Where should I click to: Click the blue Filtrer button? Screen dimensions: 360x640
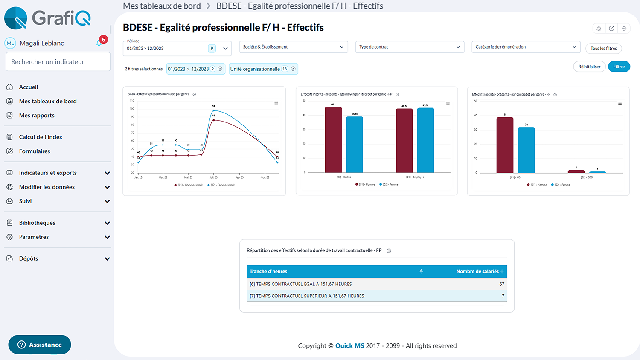[619, 67]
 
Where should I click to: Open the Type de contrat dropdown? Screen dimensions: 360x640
[409, 47]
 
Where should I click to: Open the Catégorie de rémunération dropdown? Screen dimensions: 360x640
[526, 47]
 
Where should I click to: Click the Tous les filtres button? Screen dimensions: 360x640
[603, 49]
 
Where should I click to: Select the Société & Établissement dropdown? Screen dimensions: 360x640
[293, 47]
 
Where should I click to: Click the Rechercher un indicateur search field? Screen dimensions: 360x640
[58, 62]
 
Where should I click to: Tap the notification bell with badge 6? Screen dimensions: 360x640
[99, 43]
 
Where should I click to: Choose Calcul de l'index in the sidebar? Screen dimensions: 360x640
[41, 137]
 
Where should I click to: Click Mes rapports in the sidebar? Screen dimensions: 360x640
[37, 116]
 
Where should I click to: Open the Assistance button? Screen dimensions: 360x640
[40, 345]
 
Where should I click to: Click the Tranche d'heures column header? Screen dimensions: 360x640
[268, 271]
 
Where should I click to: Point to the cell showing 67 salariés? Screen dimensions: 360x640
[502, 284]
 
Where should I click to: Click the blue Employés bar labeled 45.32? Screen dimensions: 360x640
[425, 140]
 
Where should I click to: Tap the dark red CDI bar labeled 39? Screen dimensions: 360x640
[505, 145]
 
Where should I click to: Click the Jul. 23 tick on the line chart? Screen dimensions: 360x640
[214, 177]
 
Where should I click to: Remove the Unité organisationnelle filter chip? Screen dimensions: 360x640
[293, 69]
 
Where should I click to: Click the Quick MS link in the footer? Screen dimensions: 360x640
[349, 346]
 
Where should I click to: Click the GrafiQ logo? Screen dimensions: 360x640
[47, 18]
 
